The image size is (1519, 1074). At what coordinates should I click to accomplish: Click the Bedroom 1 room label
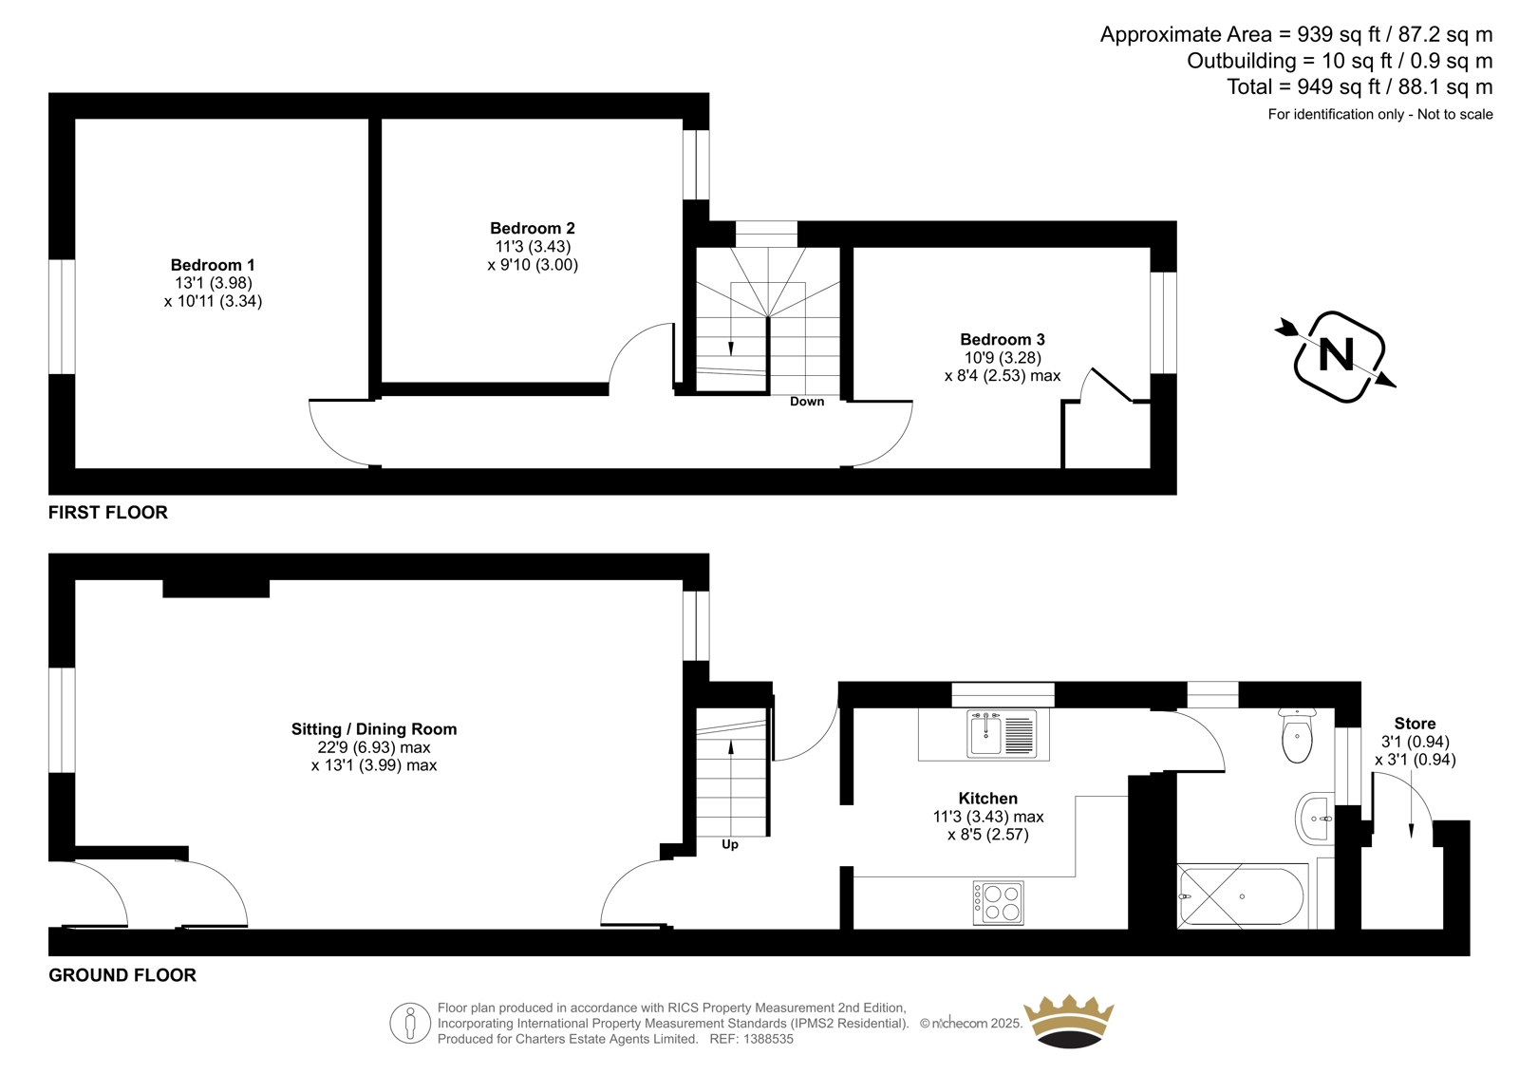coord(213,265)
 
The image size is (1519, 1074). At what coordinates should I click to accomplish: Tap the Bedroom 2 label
coord(533,228)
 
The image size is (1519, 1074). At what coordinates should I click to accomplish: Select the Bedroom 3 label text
coord(1003,339)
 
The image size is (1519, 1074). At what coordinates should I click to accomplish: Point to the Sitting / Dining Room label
coord(374,729)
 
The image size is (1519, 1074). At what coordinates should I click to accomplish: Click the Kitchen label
coord(988,799)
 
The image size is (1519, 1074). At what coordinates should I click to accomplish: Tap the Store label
coord(1415,724)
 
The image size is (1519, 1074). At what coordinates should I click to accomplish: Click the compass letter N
coord(1336,355)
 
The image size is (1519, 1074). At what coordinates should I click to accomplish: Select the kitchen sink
coord(1003,733)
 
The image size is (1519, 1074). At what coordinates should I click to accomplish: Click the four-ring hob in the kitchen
coord(998,903)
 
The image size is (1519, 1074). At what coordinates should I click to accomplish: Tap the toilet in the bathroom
coord(1297,735)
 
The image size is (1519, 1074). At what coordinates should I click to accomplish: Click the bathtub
coord(1242,897)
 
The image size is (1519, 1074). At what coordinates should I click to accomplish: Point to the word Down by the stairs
coord(807,402)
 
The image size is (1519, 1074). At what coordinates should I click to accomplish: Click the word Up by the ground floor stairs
coord(730,845)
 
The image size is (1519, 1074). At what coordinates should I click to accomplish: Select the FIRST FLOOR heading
coord(108,512)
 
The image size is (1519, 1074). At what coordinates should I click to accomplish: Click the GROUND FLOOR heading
coord(122,975)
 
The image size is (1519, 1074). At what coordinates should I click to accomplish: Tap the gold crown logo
coord(1069,1021)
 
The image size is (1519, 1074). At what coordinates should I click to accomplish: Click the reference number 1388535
coord(768,1039)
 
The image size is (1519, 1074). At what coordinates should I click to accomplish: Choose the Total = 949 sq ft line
coord(1360,86)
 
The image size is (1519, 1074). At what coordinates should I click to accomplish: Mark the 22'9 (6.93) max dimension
coord(374,747)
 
